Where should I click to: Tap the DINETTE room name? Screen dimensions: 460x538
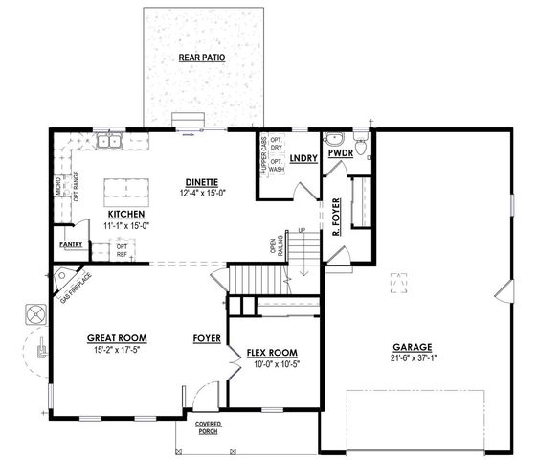(202, 182)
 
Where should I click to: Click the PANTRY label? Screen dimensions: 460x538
(71, 245)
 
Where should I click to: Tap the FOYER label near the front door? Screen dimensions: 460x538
(207, 338)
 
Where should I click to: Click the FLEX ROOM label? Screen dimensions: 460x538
(270, 352)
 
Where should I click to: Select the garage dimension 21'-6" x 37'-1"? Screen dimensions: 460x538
(414, 358)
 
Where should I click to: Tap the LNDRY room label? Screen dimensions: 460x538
(303, 158)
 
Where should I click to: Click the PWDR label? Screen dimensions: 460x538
(341, 152)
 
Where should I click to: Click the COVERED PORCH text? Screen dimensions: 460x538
(207, 427)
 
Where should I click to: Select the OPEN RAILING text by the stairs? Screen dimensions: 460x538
(274, 245)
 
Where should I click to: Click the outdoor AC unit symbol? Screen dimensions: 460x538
(35, 314)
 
